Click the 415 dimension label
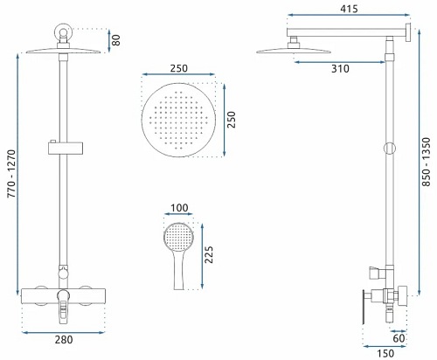[x=349, y=9]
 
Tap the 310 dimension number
[x=340, y=69]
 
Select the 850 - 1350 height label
[x=426, y=162]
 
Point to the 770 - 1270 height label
[x=11, y=174]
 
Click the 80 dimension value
[x=116, y=40]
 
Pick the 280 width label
[x=64, y=340]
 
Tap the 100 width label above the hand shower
[x=179, y=208]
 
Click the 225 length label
[x=209, y=255]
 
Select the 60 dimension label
[x=399, y=338]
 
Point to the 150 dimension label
[x=385, y=354]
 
